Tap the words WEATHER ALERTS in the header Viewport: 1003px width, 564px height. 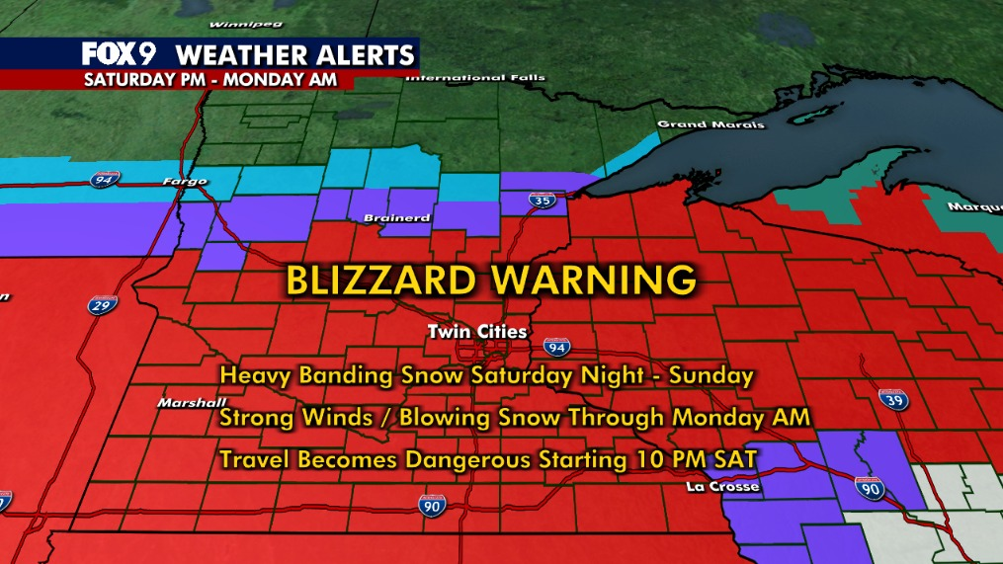tap(293, 53)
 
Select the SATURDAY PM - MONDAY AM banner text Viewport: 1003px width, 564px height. tap(209, 78)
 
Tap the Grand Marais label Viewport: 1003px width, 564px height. tap(698, 124)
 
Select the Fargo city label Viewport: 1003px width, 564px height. tap(181, 182)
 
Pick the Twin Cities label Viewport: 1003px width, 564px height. tap(478, 332)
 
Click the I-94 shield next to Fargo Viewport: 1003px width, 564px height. tap(103, 179)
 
